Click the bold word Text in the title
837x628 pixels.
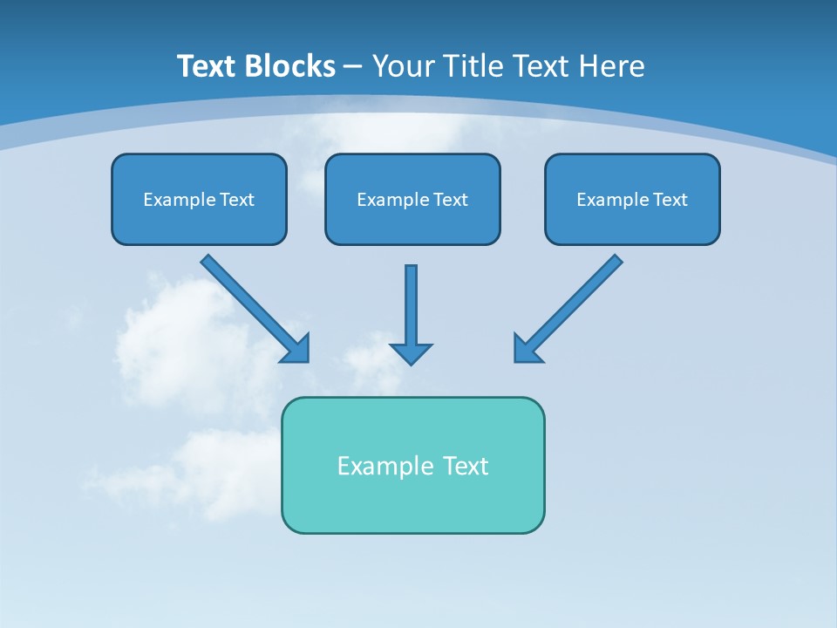pyautogui.click(x=209, y=66)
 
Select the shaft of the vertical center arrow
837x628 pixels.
pyautogui.click(x=411, y=301)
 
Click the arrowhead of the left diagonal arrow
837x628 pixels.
pyautogui.click(x=296, y=349)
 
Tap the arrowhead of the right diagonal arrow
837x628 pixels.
pyautogui.click(x=527, y=349)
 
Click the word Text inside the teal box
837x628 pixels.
pyautogui.click(x=466, y=466)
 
